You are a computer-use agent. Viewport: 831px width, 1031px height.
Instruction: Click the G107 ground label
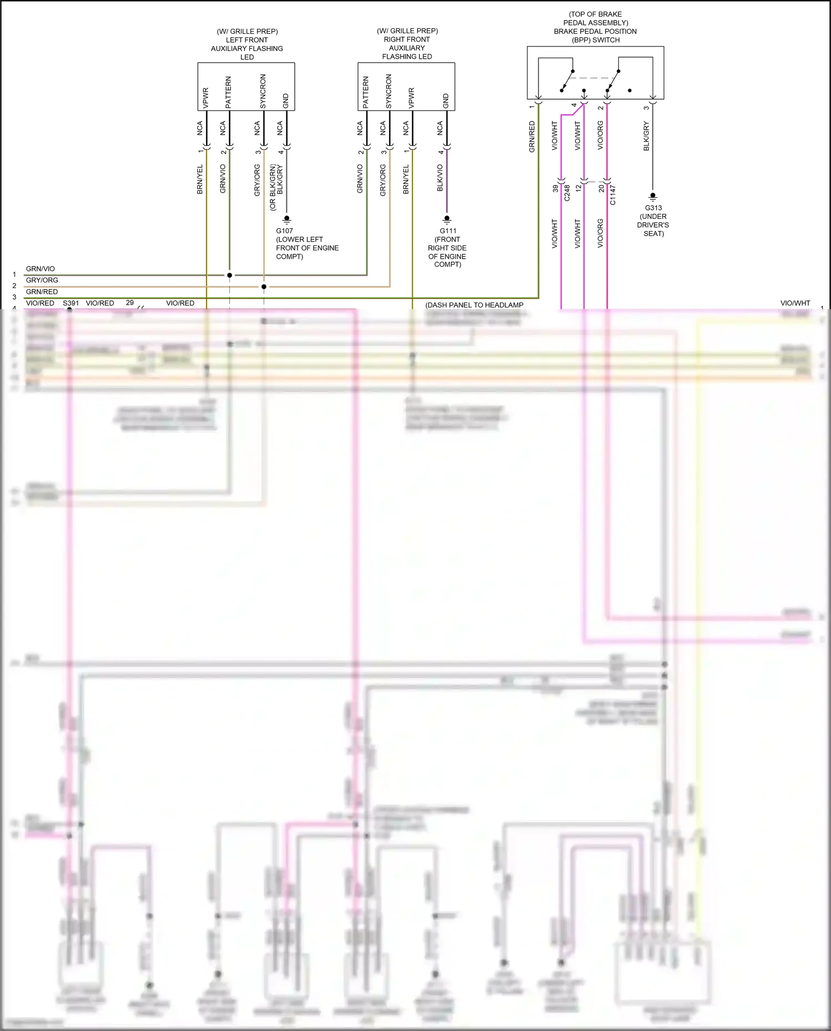284,230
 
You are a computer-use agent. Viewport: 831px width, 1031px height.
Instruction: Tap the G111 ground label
448,230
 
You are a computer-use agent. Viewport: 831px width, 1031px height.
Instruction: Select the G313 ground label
653,208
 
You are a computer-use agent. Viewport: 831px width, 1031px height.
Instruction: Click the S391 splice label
71,303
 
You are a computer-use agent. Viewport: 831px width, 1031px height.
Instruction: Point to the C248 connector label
567,193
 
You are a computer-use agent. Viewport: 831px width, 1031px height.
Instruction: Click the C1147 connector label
613,195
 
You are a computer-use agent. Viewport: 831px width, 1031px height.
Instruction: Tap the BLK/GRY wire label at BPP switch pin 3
646,136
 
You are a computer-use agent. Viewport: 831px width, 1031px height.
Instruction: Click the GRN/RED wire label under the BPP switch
532,137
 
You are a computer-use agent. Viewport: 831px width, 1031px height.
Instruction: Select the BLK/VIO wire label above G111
440,178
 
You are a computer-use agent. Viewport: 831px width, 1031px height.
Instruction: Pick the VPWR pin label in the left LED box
206,98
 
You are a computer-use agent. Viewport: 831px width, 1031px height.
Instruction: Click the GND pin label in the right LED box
446,101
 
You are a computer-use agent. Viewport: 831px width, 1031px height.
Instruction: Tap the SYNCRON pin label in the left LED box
263,91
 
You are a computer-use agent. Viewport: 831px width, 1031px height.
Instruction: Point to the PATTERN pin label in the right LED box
366,93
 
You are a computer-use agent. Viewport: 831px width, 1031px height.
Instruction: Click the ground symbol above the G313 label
653,196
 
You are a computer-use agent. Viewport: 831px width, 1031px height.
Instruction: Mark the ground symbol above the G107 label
286,219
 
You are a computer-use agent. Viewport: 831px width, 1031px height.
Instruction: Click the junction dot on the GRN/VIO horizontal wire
229,275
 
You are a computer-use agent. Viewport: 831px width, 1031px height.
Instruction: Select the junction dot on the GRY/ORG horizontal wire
264,286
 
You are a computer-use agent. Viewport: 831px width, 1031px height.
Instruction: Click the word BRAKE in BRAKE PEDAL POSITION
566,32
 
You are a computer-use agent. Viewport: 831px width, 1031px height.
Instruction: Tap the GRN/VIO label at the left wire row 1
40,269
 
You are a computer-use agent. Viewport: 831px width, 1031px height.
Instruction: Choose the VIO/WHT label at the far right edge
795,303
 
